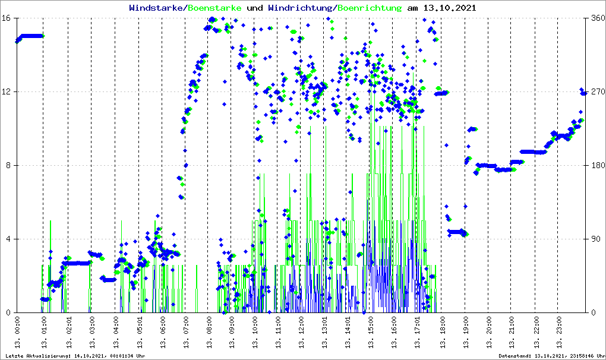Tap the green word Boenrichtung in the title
tap(370, 8)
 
